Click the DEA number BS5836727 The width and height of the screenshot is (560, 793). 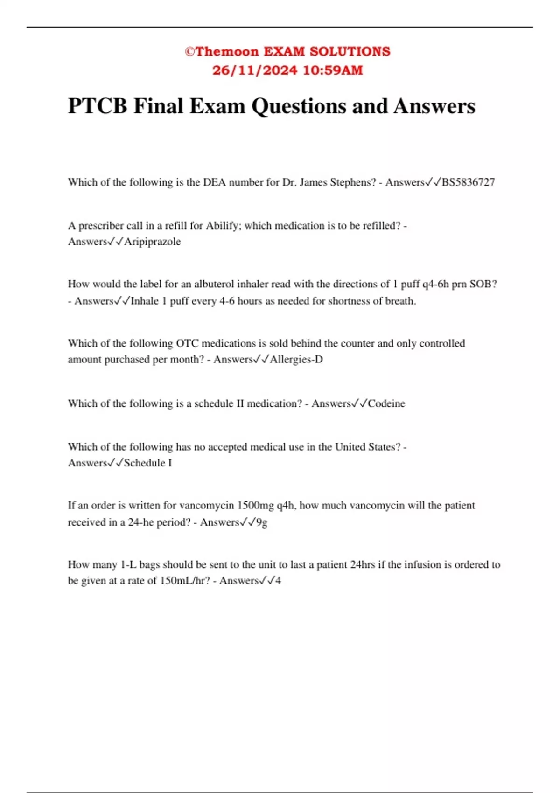click(x=468, y=182)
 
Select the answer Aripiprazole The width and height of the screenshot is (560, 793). click(x=152, y=242)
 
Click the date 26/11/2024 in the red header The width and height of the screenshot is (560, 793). click(x=254, y=70)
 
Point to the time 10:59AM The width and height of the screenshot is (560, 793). click(x=333, y=70)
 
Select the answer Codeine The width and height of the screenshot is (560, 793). click(x=386, y=403)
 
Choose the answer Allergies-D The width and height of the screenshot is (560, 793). click(x=296, y=360)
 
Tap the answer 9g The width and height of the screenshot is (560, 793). click(x=262, y=522)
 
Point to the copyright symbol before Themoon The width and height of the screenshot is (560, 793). click(x=189, y=51)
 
